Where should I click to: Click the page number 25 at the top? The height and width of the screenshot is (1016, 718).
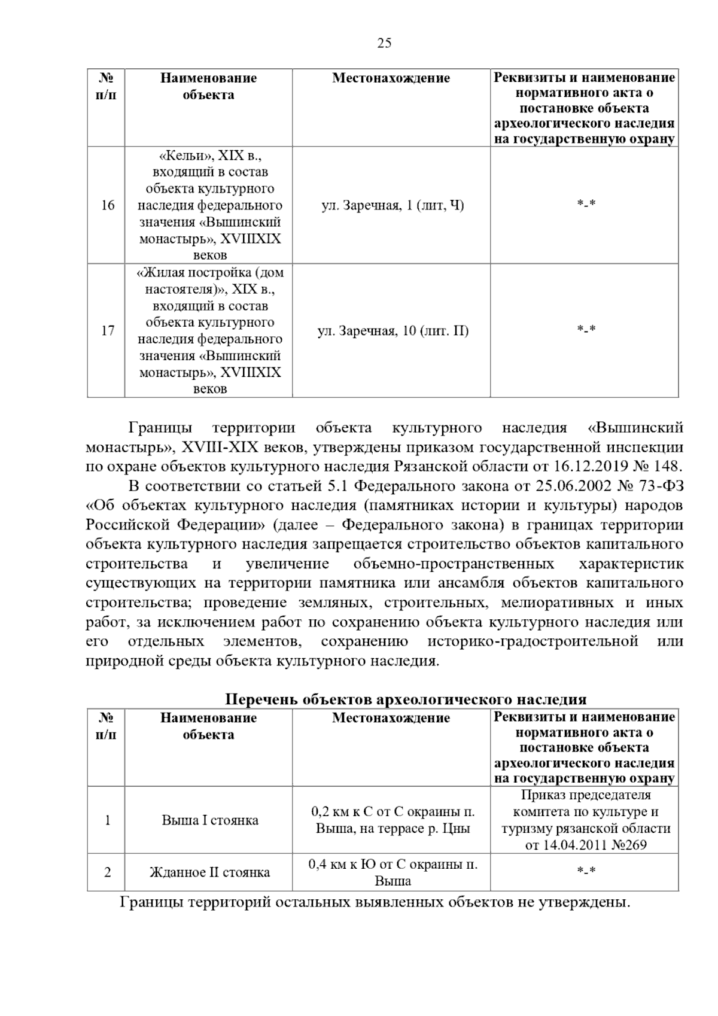click(x=384, y=43)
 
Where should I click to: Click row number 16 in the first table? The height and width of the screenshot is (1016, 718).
click(x=107, y=206)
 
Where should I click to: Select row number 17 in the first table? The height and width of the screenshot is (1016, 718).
click(x=107, y=330)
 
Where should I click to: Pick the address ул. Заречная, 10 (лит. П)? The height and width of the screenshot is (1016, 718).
click(x=393, y=330)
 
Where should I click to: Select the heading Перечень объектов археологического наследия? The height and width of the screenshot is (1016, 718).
click(x=406, y=699)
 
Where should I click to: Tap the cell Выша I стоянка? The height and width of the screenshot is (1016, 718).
click(x=210, y=820)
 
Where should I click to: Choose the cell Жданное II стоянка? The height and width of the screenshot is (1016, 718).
click(x=209, y=872)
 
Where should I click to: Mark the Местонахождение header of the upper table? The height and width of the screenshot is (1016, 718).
click(x=391, y=78)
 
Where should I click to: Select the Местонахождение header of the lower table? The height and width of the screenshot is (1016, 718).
click(x=391, y=717)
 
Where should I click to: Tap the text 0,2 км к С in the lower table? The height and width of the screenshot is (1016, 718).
click(x=339, y=812)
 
